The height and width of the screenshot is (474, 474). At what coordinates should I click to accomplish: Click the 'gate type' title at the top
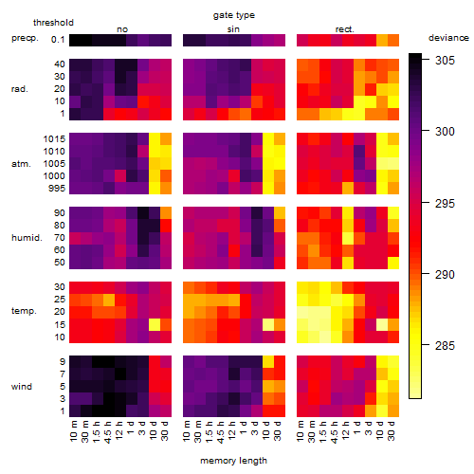pos(234,15)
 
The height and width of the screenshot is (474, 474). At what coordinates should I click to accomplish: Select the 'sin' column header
pos(233,29)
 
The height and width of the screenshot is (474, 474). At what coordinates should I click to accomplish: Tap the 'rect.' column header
pos(344,29)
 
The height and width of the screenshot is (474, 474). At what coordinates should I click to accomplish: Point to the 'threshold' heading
pos(53,23)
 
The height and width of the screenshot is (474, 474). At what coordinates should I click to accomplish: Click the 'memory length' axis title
pos(233,461)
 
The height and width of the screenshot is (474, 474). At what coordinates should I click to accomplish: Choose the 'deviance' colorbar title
pos(448,38)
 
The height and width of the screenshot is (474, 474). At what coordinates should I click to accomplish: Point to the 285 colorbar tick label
pos(445,345)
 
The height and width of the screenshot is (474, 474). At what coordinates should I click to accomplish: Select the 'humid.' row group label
pos(27,238)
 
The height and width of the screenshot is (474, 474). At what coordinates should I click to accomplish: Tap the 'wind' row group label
pos(22,387)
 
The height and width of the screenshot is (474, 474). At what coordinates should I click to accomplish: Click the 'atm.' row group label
pos(21,164)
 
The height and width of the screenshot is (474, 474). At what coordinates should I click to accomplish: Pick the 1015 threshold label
pos(54,139)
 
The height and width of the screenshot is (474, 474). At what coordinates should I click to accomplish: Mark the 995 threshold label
pos(57,189)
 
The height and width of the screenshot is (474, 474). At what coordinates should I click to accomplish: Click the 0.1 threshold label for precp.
pos(58,40)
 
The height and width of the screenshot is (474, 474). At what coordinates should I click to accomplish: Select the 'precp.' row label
pos(25,38)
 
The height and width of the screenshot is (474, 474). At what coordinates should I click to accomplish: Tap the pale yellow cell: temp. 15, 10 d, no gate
pos(155,324)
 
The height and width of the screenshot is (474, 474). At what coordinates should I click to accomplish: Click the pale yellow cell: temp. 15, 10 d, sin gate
pos(268,324)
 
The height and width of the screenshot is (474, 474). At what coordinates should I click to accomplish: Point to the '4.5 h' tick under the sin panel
pos(221,432)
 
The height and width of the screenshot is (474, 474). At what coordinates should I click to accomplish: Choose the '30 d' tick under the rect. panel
pos(392,430)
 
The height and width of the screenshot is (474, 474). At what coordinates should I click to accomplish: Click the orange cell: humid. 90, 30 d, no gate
pos(166,212)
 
